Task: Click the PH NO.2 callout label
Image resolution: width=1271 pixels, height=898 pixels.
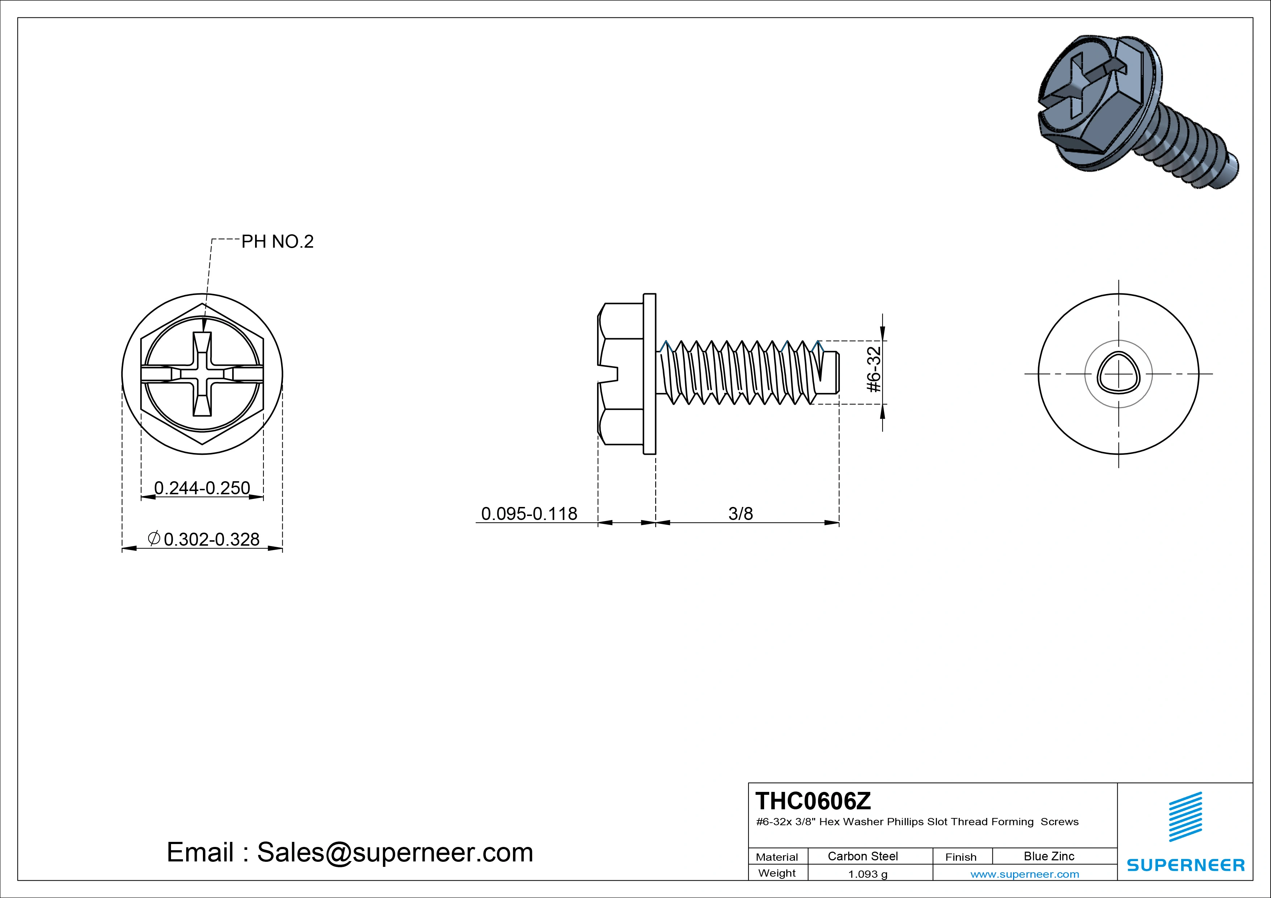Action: (x=277, y=242)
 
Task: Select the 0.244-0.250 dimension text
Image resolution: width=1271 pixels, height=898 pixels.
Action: (x=202, y=488)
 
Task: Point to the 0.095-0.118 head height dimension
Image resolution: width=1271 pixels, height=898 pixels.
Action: (x=529, y=514)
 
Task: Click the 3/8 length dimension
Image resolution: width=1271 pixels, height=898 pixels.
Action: (x=740, y=514)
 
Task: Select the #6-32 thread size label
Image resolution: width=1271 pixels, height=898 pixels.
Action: (x=874, y=370)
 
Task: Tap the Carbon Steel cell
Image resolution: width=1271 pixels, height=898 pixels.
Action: (x=862, y=856)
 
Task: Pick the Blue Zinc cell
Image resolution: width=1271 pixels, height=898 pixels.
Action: (x=1049, y=856)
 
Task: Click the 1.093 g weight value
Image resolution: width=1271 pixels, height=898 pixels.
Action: (x=867, y=874)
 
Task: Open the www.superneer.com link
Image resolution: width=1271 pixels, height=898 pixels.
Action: (x=1025, y=874)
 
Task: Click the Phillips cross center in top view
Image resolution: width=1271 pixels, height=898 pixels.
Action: (x=202, y=374)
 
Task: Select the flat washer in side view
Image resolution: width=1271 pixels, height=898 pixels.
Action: (x=649, y=374)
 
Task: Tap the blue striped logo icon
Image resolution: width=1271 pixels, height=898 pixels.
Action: (x=1185, y=817)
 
